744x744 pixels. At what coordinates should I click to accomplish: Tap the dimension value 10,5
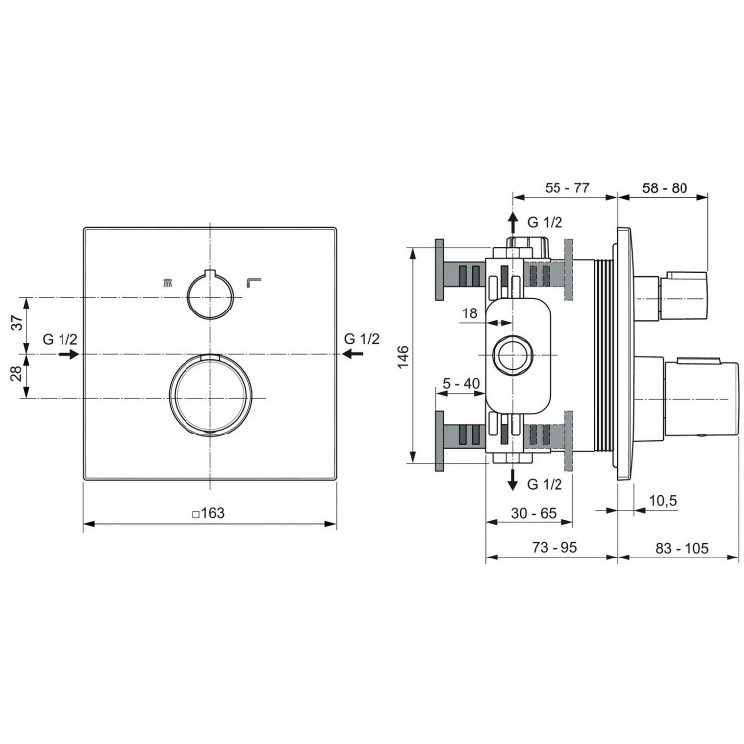662,501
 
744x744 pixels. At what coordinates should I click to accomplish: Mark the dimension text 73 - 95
552,548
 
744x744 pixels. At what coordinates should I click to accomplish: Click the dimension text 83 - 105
680,548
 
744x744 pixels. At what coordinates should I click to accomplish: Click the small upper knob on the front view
209,295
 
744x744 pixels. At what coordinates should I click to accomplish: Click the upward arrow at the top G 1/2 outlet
513,221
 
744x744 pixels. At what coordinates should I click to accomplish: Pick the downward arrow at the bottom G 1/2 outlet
513,481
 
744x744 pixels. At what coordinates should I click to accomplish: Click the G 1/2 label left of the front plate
61,339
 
